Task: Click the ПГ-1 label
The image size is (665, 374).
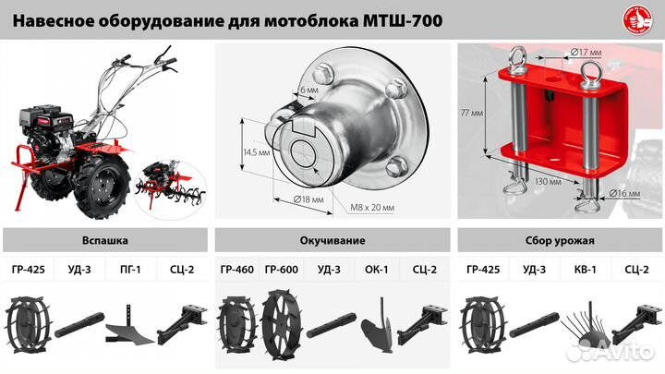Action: pos(129,271)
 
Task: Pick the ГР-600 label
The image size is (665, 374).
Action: pos(281,271)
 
